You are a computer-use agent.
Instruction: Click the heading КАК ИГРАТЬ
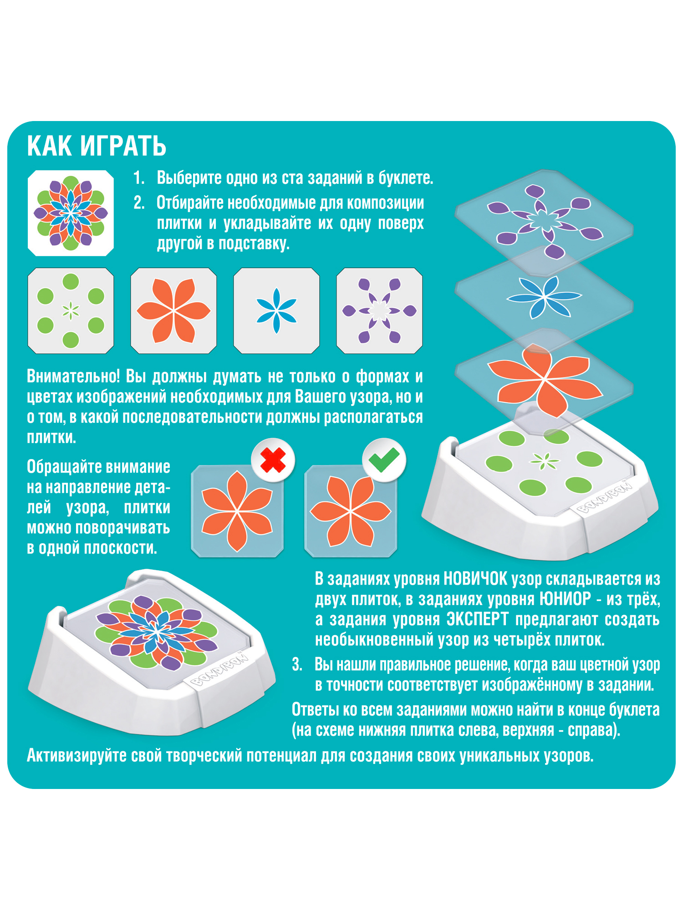(97, 146)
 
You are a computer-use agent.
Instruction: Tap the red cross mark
(273, 460)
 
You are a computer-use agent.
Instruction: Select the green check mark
(384, 460)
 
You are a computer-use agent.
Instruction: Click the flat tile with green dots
(71, 311)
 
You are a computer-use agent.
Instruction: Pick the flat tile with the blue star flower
(276, 311)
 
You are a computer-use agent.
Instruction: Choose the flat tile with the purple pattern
(379, 311)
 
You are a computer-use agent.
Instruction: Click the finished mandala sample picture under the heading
(71, 213)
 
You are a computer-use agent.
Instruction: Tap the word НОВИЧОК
(475, 579)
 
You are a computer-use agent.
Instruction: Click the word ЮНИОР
(565, 599)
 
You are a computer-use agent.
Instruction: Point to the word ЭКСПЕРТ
(477, 620)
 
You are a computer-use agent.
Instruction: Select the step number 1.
(139, 178)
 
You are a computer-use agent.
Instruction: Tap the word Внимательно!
(73, 377)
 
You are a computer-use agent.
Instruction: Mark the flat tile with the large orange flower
(173, 311)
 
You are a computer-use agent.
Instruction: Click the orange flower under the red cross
(237, 511)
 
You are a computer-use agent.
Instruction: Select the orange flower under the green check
(351, 511)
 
